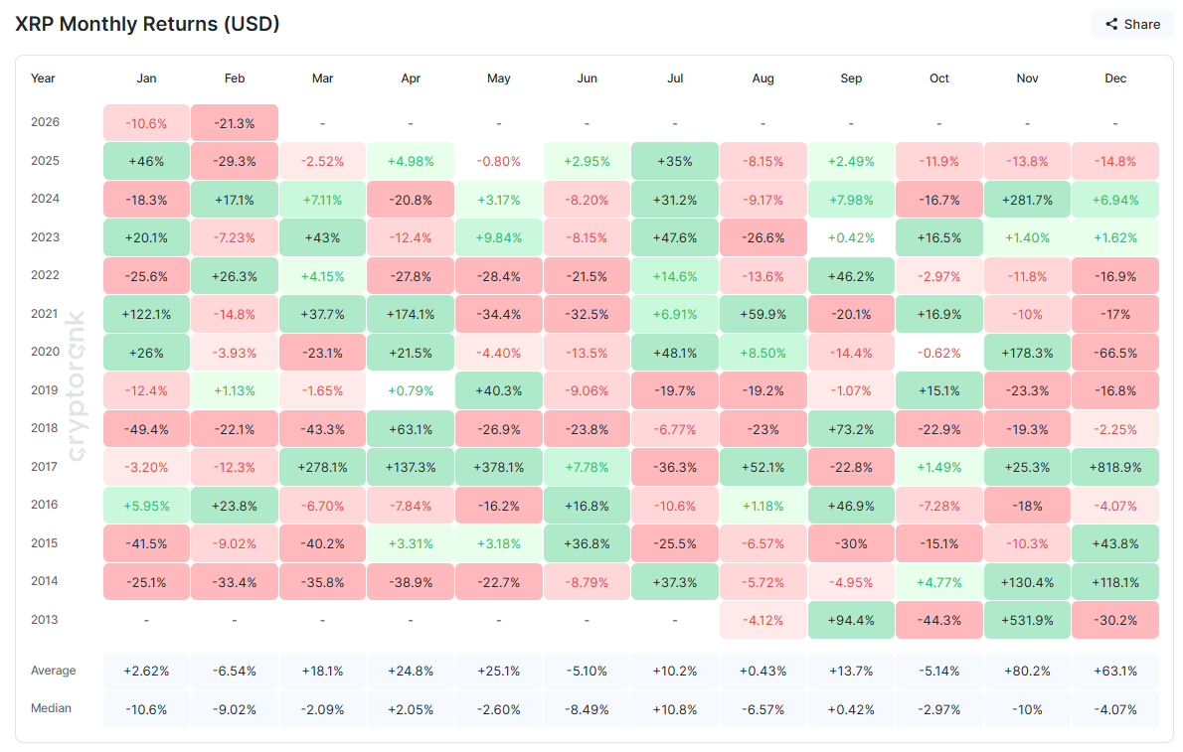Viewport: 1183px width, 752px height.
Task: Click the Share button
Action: [1131, 24]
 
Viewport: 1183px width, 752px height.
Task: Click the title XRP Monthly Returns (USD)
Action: [147, 24]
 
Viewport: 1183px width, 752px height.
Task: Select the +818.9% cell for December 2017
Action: [1115, 467]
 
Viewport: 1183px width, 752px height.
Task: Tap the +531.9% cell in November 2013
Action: [1027, 620]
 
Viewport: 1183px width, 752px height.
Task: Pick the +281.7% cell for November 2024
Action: [1027, 200]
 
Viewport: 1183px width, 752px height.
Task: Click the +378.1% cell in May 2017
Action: [499, 467]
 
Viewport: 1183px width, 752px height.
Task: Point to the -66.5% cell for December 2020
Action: [1115, 353]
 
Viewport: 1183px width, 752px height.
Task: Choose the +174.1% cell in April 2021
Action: [411, 314]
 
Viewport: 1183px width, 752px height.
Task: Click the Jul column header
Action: [675, 78]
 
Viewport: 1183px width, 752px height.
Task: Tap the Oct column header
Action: [938, 78]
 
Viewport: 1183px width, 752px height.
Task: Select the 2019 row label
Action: [45, 390]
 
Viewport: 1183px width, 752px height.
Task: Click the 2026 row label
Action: [45, 123]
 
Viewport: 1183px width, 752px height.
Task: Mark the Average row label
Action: [54, 671]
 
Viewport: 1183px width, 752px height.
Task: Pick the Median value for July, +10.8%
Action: [675, 709]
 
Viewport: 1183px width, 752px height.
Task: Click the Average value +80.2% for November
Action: [1027, 671]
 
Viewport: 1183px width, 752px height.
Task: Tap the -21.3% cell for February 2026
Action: [235, 123]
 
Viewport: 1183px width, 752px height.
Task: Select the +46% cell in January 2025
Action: [146, 161]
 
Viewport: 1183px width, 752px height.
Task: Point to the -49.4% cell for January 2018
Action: [146, 429]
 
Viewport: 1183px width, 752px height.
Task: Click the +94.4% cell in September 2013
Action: [851, 620]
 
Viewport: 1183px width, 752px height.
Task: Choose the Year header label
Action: [43, 78]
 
